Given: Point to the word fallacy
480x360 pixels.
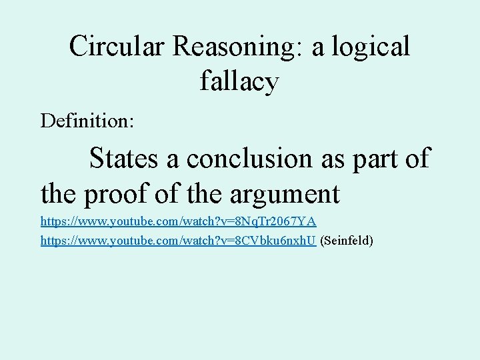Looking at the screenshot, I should coord(239,81).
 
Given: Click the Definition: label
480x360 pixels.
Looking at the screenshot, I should coord(87,121).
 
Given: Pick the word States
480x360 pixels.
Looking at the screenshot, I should coord(125,159).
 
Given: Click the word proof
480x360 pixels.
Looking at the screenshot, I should coord(121,195).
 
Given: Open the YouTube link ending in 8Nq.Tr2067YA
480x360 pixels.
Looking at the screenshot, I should coord(178,221).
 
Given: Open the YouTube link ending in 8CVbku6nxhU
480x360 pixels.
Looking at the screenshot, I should coord(178,240).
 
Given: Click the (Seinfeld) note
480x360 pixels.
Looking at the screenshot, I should coord(347,240).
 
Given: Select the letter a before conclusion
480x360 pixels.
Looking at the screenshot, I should coord(174,159).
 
